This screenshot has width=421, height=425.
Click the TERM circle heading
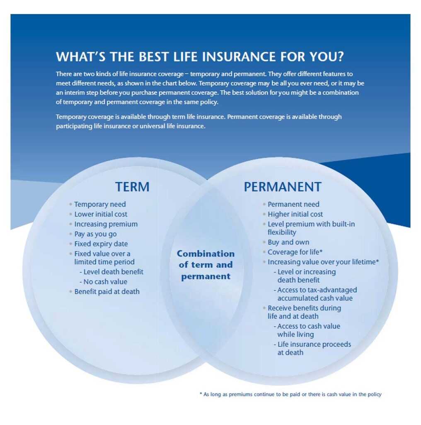click(132, 187)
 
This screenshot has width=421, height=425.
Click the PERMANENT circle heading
click(283, 187)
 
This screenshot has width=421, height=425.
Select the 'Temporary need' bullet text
click(100, 204)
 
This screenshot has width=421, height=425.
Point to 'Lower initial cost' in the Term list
click(101, 214)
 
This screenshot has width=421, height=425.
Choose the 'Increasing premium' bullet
click(106, 225)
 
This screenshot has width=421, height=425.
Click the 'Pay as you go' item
click(95, 234)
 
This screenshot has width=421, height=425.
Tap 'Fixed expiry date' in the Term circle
click(101, 244)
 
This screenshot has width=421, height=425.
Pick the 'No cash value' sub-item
click(103, 282)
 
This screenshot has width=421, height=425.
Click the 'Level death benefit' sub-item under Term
click(111, 272)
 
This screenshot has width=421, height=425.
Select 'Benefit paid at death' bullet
click(107, 292)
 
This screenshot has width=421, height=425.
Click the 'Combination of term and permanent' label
click(206, 265)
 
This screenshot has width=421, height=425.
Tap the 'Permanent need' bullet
click(293, 204)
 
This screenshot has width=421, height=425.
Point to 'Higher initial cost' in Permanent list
click(295, 214)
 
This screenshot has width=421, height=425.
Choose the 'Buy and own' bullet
click(288, 242)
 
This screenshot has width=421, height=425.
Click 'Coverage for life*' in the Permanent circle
click(295, 252)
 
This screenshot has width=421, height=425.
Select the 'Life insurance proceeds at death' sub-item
click(312, 348)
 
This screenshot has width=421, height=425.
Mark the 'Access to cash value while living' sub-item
click(307, 330)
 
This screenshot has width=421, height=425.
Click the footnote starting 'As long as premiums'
click(290, 394)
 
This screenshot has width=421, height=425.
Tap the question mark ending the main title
click(340, 56)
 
